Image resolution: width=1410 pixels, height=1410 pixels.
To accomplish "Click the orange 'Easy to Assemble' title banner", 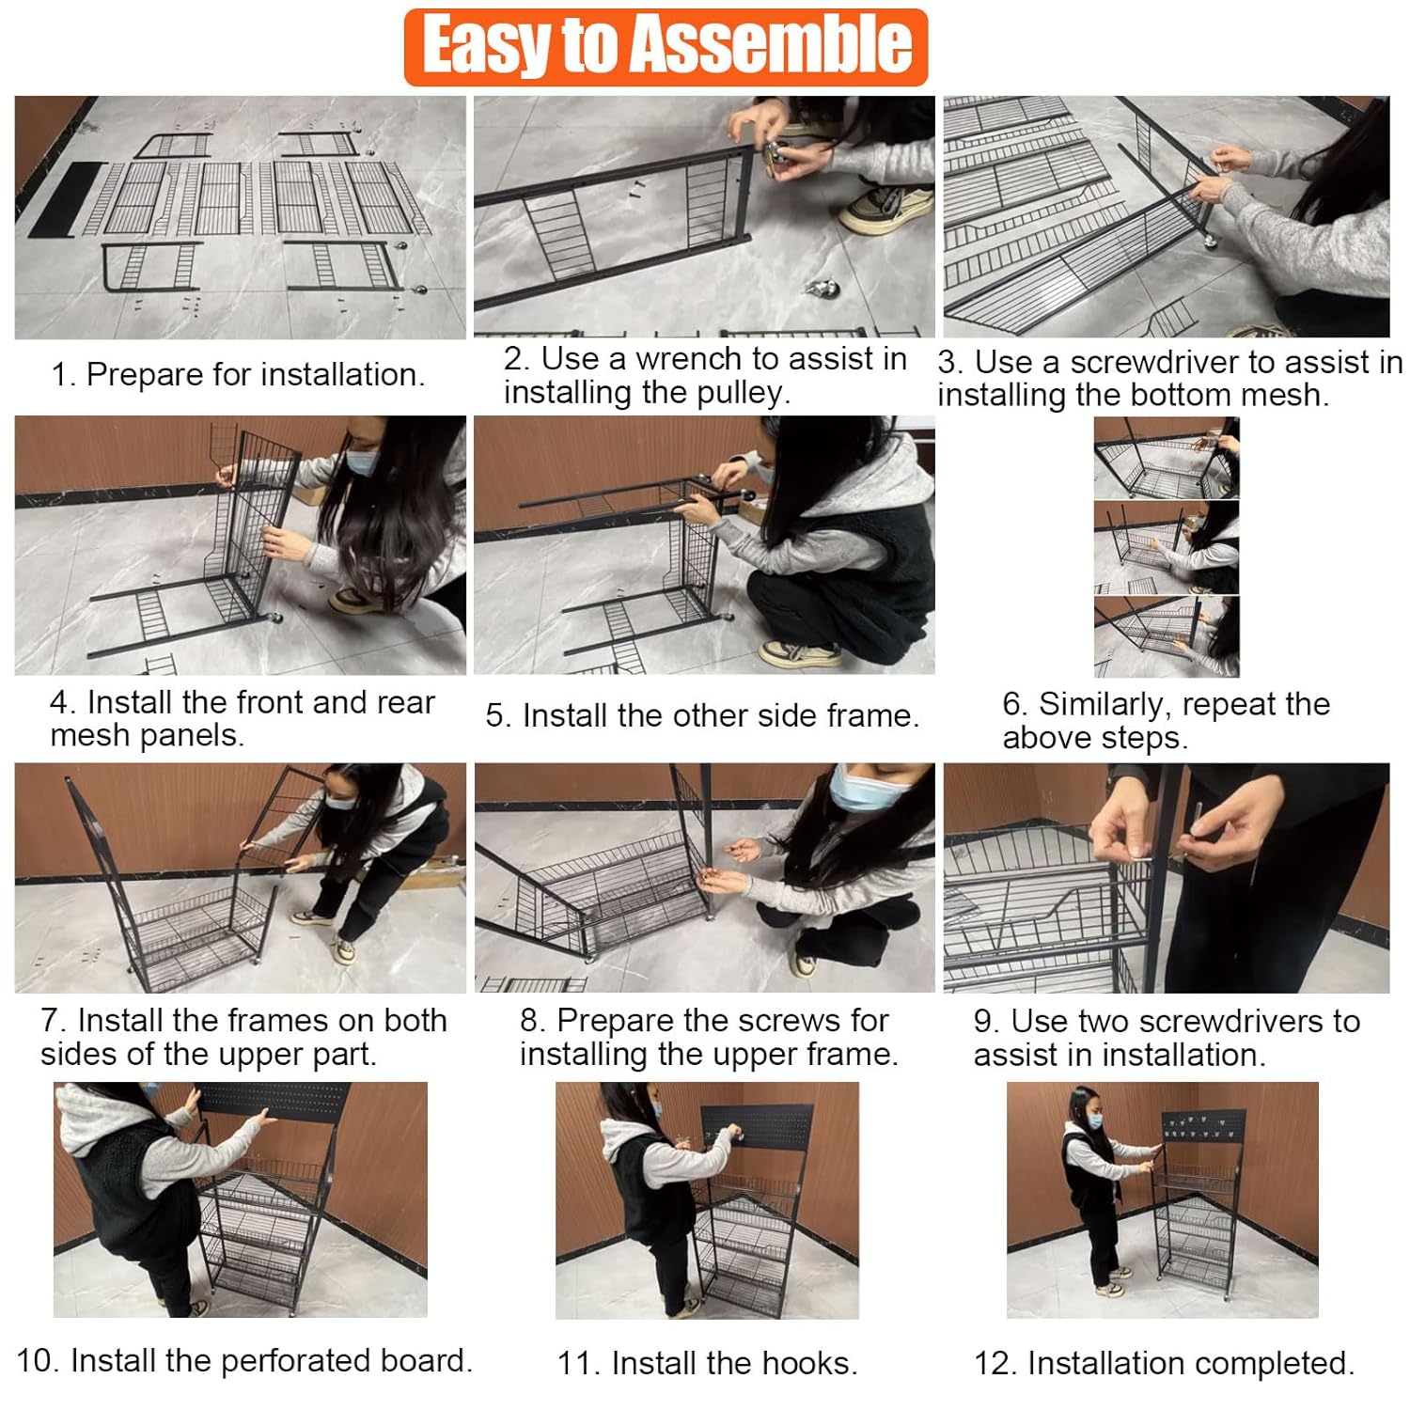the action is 666,47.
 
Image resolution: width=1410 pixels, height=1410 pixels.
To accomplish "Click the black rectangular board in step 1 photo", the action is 67,199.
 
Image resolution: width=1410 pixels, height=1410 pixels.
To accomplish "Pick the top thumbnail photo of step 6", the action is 1166,458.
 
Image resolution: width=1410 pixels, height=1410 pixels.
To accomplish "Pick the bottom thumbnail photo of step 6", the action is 1166,636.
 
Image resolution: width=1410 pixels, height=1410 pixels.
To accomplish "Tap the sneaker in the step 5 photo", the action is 799,652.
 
